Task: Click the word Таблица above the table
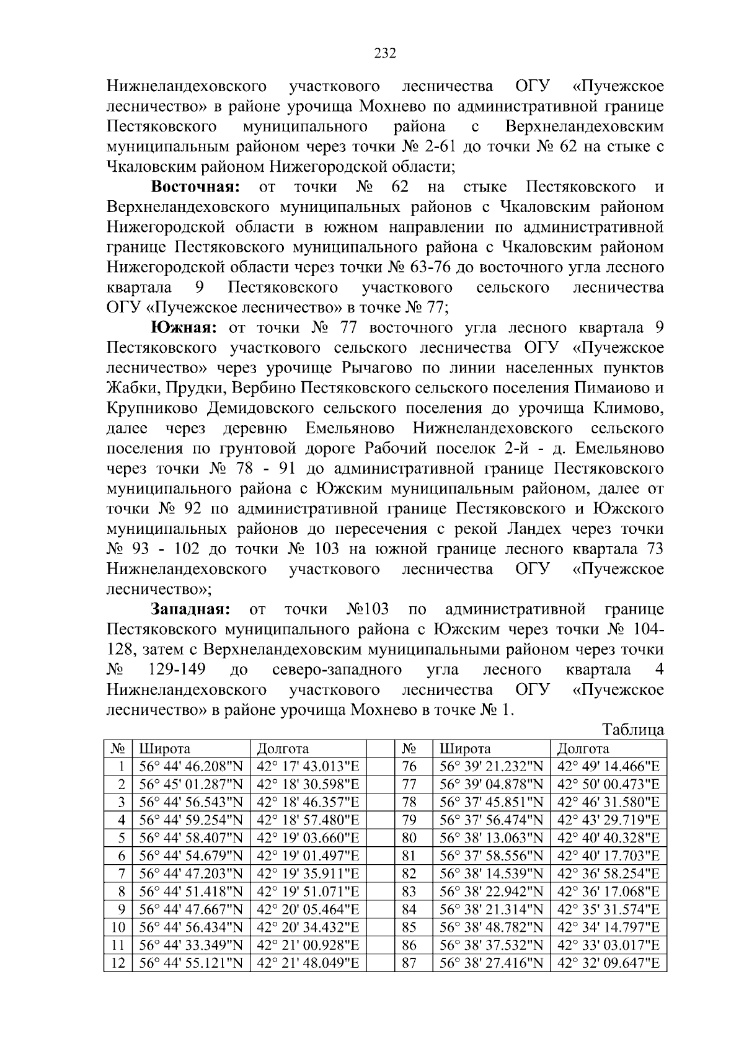tap(633, 730)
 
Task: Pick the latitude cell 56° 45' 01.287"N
tap(191, 784)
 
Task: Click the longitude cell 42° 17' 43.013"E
tap(308, 766)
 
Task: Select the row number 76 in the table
tap(409, 766)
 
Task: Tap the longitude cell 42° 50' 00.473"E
tap(608, 784)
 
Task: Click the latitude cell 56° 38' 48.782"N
tap(491, 927)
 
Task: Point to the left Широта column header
tap(164, 748)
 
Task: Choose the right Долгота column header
tap(583, 748)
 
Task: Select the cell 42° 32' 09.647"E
tap(608, 963)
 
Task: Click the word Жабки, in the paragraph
tap(128, 388)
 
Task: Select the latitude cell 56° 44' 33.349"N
tap(191, 945)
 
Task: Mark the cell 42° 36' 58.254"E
tap(608, 873)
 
